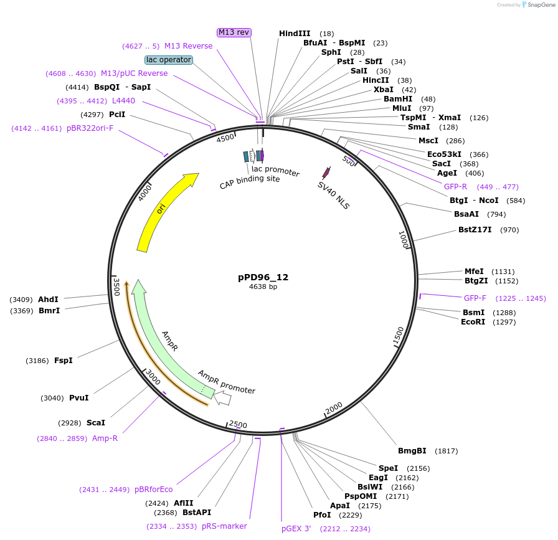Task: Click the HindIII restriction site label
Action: (294, 34)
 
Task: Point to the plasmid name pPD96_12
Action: (263, 277)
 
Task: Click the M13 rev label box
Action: (234, 32)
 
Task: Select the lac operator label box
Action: (168, 60)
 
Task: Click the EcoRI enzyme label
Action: (473, 322)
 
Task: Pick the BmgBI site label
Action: (412, 451)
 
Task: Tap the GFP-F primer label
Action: (475, 298)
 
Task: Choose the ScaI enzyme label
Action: (96, 423)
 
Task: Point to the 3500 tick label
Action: (116, 287)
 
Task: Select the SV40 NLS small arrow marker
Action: (326, 173)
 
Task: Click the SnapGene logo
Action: (537, 4)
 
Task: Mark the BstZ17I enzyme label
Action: (475, 230)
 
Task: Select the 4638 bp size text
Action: (263, 287)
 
